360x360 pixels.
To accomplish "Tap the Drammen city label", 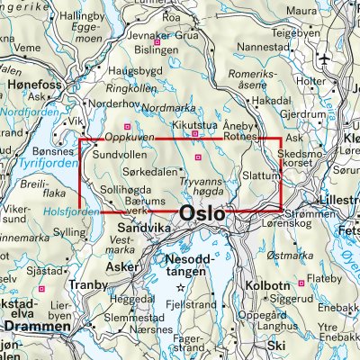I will tap(36, 328).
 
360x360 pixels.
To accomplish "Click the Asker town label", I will tap(120, 267).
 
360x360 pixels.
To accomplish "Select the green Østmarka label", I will tap(293, 256).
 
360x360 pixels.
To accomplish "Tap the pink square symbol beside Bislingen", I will tap(157, 41).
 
